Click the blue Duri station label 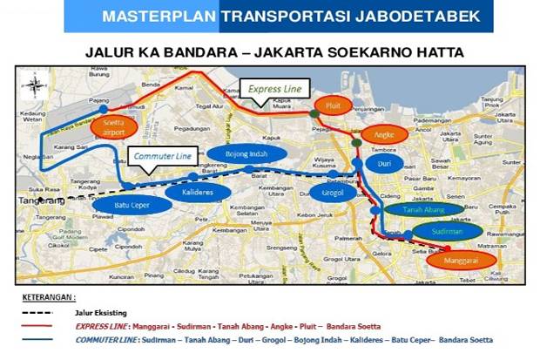click(383, 163)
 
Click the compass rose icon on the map click(33, 85)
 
